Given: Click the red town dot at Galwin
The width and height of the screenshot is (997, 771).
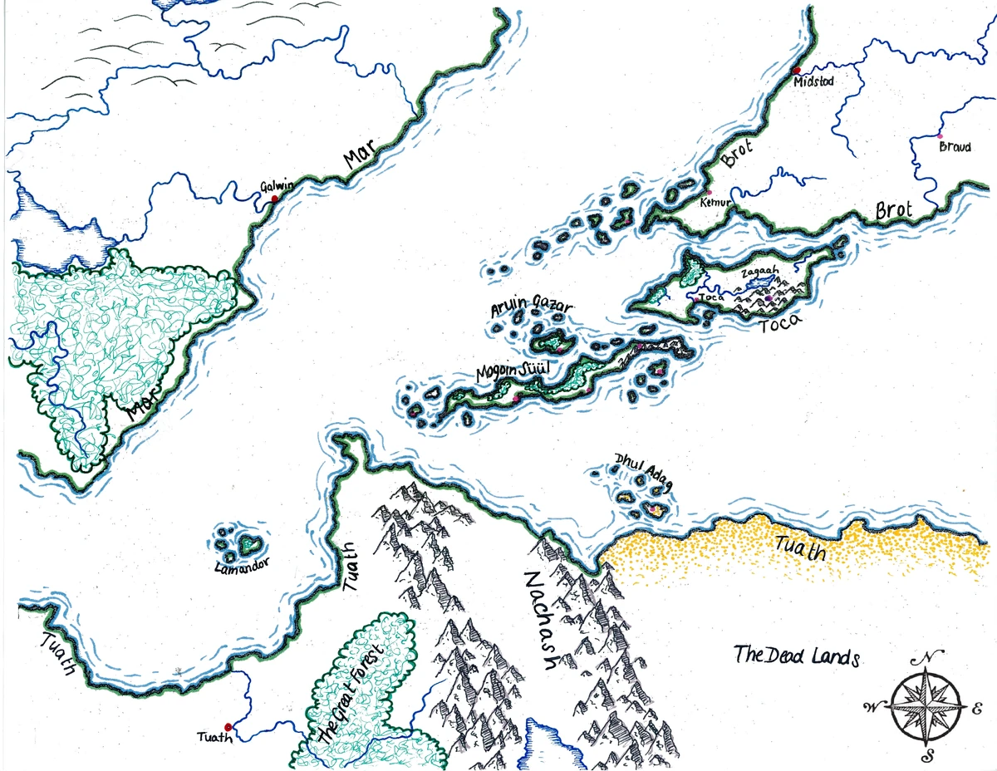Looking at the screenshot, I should [275, 199].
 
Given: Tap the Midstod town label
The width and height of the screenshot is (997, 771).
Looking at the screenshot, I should [813, 81].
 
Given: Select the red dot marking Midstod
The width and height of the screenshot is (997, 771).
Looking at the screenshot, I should [796, 71].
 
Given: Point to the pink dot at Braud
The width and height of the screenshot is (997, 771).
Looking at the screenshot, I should [940, 135].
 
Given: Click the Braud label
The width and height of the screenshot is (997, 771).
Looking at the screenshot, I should [954, 147].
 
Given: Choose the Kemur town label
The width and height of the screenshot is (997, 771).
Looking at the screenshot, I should [715, 202].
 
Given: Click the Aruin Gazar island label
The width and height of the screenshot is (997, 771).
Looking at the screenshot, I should [532, 308].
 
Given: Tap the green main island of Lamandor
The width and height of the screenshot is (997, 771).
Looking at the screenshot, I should [250, 546].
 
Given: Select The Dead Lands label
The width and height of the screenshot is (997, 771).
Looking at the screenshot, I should [795, 656].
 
